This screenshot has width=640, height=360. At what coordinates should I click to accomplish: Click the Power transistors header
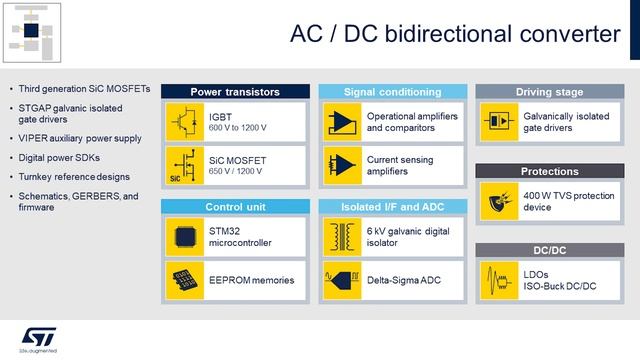[234, 92]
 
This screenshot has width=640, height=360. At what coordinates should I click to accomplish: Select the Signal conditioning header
[391, 92]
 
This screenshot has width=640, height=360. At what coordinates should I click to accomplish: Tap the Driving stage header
[549, 92]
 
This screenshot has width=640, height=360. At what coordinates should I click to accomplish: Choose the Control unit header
[234, 207]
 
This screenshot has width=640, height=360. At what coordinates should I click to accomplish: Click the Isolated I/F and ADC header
[391, 207]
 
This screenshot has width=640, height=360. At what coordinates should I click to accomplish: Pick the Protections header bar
[549, 170]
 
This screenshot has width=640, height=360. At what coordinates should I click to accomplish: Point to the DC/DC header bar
[549, 249]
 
